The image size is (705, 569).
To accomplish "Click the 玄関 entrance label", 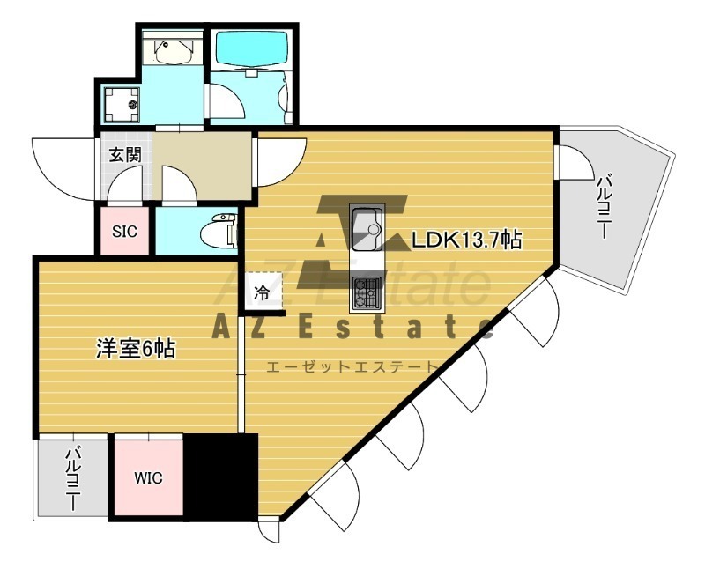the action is point(125,155).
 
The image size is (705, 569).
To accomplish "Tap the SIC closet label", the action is point(124,232).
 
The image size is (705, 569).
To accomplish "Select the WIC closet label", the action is point(148,477).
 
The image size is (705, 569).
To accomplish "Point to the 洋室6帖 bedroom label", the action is point(136,348).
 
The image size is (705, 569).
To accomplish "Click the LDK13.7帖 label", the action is point(467,240).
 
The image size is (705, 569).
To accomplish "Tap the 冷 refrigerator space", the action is point(263,292).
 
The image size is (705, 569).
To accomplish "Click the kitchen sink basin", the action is point(367,229).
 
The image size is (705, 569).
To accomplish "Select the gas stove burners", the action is point(367,293).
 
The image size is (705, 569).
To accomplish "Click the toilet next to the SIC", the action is point(219,231).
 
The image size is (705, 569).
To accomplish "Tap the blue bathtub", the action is point(251,48).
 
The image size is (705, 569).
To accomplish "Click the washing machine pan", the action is point(122,105).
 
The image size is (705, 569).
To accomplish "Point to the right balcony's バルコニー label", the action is point(604,207).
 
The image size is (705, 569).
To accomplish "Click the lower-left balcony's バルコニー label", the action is point(72,478).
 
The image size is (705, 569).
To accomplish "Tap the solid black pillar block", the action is point(221,477).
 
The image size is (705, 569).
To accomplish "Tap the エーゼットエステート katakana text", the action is point(352,367).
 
